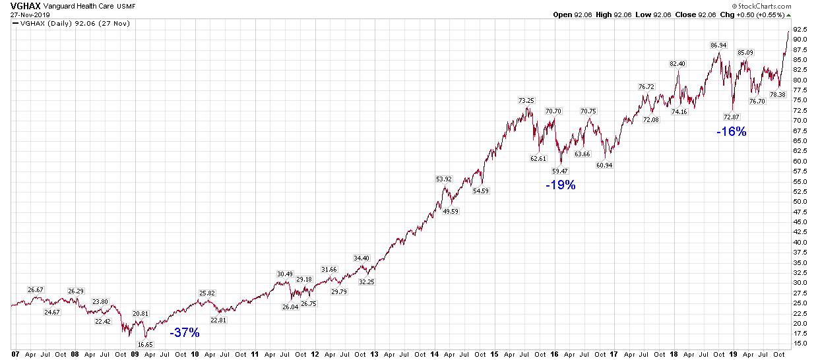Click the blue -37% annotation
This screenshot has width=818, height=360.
[185, 333]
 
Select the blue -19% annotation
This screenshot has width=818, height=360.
[560, 185]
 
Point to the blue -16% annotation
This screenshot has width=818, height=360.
[732, 131]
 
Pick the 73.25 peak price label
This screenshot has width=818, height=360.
[526, 101]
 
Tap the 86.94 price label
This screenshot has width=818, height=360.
[718, 45]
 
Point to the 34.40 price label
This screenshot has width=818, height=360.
[362, 258]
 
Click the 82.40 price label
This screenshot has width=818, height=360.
[677, 64]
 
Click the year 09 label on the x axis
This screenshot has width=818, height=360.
[135, 354]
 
